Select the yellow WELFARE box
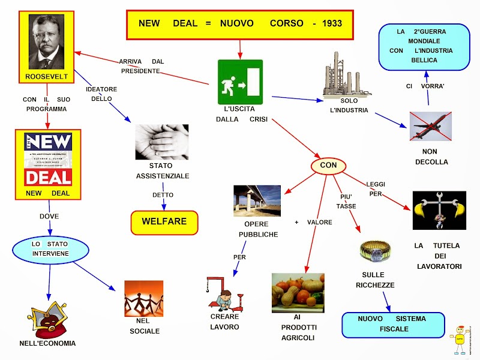click(x=164, y=222)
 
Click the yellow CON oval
click(x=328, y=164)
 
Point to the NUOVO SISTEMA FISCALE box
click(x=392, y=324)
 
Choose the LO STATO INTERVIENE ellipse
click(x=50, y=249)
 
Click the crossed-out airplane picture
click(x=430, y=126)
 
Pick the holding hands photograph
click(x=161, y=142)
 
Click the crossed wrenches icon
click(x=439, y=210)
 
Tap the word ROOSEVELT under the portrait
click(x=46, y=77)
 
